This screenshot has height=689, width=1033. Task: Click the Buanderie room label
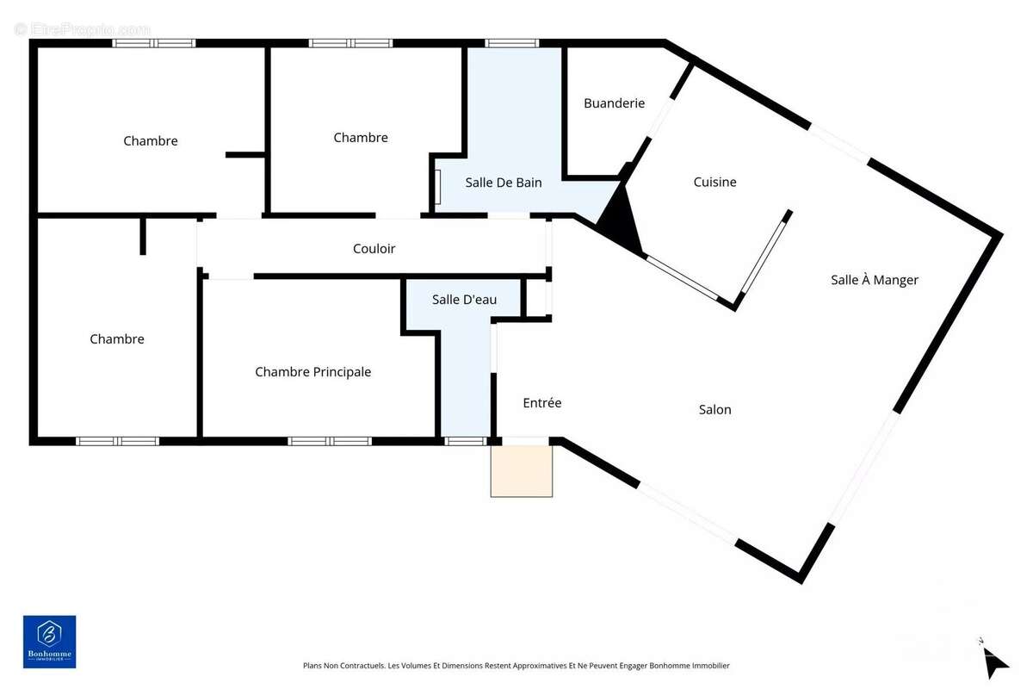(614, 102)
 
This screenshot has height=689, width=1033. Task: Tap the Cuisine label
(714, 182)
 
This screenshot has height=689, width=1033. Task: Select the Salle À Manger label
(875, 280)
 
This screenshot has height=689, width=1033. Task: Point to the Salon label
(714, 409)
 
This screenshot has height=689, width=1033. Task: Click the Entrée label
(541, 402)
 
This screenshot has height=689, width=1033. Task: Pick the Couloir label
(374, 249)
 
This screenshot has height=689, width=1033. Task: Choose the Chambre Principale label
(312, 372)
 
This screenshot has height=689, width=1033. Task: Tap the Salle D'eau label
(464, 300)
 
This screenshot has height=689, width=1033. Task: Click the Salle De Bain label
(503, 183)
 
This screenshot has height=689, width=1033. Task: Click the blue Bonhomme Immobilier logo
(49, 642)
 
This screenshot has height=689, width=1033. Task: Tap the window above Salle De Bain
(512, 43)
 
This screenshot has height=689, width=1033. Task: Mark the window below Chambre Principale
(329, 441)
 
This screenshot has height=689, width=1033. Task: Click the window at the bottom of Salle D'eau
(466, 441)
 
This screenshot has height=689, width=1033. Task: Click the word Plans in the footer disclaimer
(312, 666)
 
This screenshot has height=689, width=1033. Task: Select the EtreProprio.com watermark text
(83, 29)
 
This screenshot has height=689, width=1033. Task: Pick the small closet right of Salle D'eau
(536, 298)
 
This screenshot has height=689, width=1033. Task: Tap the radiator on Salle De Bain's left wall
(437, 186)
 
